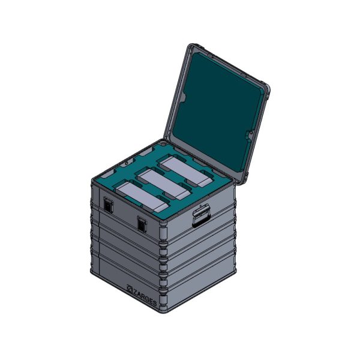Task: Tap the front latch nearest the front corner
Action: [x=142, y=224]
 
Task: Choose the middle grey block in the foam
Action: [x=163, y=183]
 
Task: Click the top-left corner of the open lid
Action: [x=191, y=47]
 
